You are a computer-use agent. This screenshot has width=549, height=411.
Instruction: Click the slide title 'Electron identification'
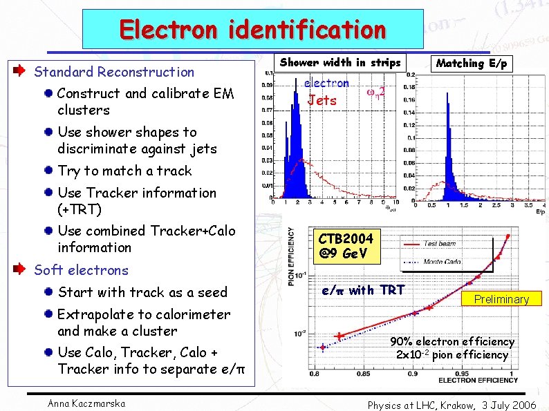pyautogui.click(x=252, y=29)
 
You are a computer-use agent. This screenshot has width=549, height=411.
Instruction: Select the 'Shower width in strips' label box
pyautogui.click(x=339, y=63)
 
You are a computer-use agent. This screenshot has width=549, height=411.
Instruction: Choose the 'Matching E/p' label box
pyautogui.click(x=471, y=64)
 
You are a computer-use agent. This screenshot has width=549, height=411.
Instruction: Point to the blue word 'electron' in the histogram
pyautogui.click(x=326, y=83)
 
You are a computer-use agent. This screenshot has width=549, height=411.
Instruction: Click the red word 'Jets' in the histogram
pyautogui.click(x=322, y=100)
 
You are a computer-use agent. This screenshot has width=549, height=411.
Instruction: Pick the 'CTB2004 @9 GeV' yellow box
pyautogui.click(x=346, y=246)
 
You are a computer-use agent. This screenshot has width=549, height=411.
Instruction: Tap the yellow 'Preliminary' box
pyautogui.click(x=501, y=299)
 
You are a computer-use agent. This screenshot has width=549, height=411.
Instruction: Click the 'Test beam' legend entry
pyautogui.click(x=440, y=243)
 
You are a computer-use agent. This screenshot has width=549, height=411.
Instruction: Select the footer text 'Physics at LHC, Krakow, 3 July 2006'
pyautogui.click(x=452, y=405)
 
